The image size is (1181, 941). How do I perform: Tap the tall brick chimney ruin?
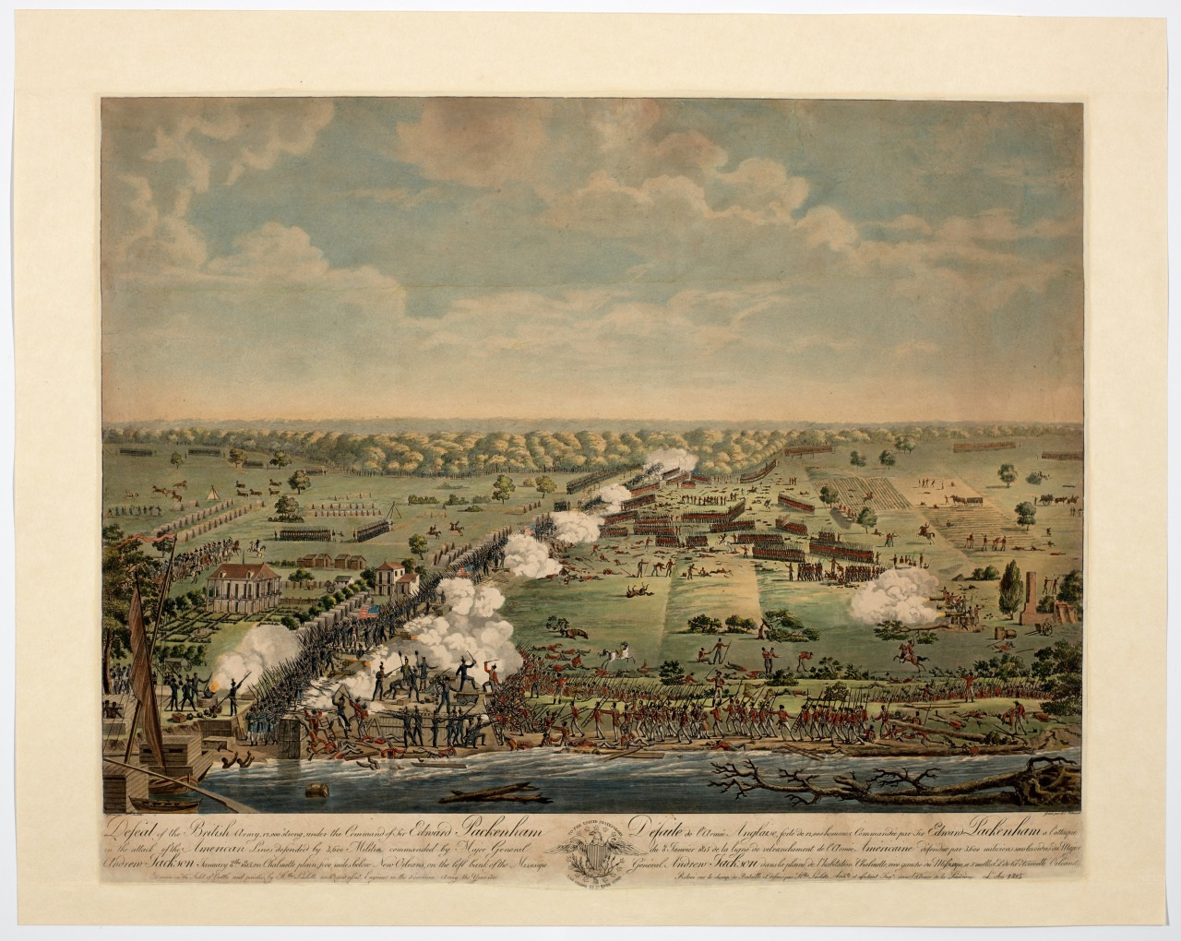pos(1035,600)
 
